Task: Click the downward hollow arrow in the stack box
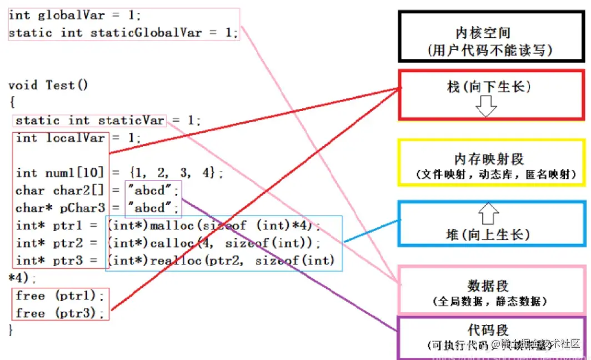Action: [x=487, y=106]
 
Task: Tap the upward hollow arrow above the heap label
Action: [x=489, y=213]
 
